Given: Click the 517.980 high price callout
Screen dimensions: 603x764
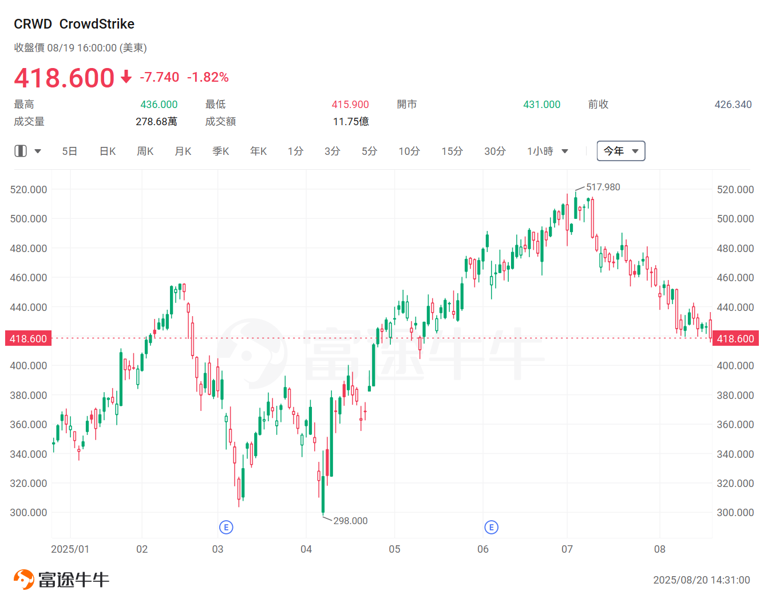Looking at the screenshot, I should (x=603, y=187).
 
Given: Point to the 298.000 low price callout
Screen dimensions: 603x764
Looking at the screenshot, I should (x=350, y=521).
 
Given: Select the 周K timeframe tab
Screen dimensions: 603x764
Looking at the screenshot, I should (x=145, y=151).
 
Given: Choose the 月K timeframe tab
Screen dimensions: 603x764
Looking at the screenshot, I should (x=183, y=151).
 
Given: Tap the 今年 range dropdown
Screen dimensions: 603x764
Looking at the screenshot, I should (x=620, y=151).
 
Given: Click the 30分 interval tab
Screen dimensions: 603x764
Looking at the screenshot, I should (x=495, y=151).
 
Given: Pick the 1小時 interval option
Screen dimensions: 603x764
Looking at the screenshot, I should (x=540, y=151).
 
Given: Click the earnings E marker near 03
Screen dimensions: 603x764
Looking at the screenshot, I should (x=226, y=527).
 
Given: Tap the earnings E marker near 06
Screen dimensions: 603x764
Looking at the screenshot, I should (x=491, y=527).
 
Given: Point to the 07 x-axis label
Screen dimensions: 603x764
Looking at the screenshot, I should (x=567, y=549).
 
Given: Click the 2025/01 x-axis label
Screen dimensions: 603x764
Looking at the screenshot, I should (x=70, y=549).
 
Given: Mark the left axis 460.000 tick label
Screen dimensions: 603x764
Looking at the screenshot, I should (x=29, y=278).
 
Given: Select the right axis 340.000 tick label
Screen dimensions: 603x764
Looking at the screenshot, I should (x=735, y=454).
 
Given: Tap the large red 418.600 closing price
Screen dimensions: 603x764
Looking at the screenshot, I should (x=64, y=78).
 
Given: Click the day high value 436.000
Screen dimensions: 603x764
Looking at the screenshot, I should (x=159, y=105).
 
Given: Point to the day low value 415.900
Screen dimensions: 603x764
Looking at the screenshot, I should (x=350, y=105).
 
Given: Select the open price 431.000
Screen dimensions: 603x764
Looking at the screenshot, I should (x=541, y=105).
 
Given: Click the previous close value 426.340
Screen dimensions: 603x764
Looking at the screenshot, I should (x=733, y=105).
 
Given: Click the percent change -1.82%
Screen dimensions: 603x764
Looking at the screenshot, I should (x=208, y=77).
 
